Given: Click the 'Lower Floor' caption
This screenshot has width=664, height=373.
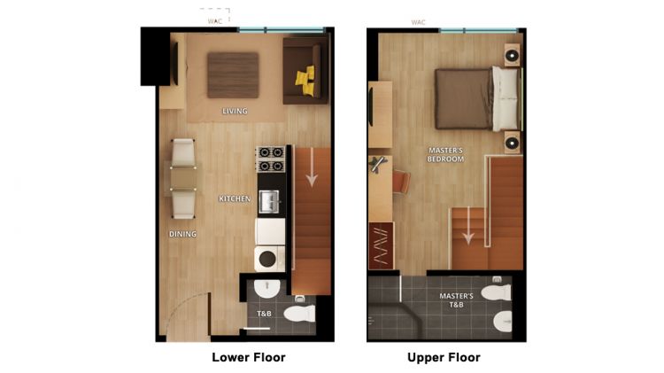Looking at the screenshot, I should [x=248, y=358].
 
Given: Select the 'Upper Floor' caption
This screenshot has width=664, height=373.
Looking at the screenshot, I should [x=444, y=358].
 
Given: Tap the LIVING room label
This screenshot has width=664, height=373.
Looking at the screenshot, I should [x=235, y=112].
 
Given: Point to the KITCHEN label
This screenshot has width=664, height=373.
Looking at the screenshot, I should [x=235, y=199].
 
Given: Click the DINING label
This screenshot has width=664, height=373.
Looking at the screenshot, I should [x=182, y=234].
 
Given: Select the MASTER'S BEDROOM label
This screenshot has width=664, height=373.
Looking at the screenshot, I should [x=445, y=154].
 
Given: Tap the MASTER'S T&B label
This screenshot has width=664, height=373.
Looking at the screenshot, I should [x=456, y=299].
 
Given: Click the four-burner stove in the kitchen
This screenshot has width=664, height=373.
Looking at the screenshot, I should [x=270, y=159].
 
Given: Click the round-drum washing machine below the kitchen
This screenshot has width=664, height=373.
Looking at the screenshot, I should [x=269, y=259].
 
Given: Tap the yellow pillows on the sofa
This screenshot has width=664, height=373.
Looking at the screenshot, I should [x=305, y=81].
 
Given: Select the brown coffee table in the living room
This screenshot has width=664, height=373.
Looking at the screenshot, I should [x=233, y=74].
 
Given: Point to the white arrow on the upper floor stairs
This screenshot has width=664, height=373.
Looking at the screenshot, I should [x=467, y=233].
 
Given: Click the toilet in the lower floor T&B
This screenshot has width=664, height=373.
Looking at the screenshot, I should [x=299, y=313].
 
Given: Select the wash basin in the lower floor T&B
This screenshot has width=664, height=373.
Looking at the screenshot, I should [x=266, y=289].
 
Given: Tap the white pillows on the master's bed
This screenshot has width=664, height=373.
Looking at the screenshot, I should [x=507, y=97].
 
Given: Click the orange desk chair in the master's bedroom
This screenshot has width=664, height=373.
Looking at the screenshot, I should [x=401, y=182].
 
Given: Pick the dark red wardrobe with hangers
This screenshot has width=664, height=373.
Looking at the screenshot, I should [x=381, y=245].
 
